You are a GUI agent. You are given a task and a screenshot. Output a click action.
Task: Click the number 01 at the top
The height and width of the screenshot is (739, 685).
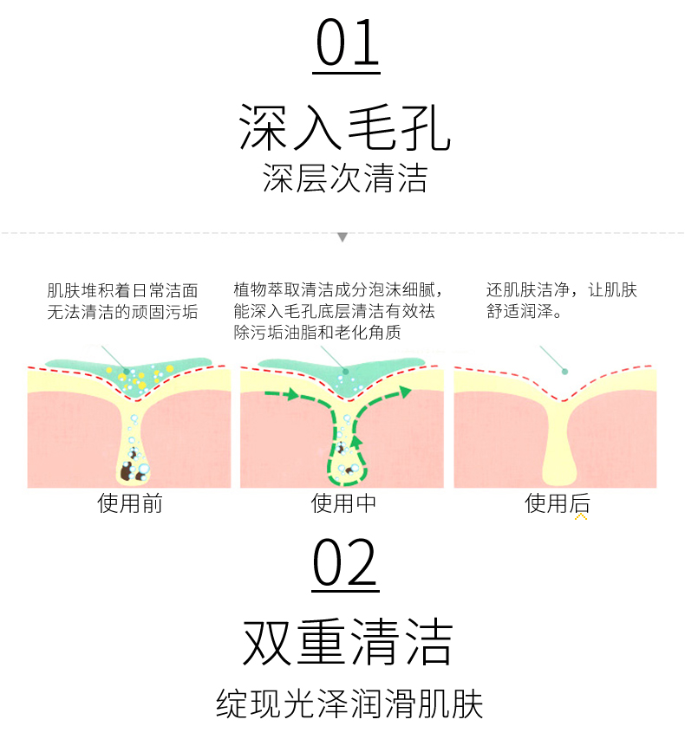(x=347, y=44)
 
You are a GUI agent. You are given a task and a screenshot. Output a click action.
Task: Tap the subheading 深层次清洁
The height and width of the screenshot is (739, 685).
(x=344, y=178)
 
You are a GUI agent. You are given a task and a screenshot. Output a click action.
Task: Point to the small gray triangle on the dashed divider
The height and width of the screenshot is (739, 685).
(x=342, y=237)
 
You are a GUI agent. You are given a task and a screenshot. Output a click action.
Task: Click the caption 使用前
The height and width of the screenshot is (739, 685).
(x=130, y=503)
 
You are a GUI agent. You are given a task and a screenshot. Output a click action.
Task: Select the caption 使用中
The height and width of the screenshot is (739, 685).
(x=343, y=503)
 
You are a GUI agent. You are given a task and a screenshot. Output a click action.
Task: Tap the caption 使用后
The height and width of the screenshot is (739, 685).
(x=558, y=503)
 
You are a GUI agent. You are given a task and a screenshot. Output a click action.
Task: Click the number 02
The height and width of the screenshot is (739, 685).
(x=345, y=564)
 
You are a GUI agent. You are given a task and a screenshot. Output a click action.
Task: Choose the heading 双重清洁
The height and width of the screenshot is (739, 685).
(x=347, y=644)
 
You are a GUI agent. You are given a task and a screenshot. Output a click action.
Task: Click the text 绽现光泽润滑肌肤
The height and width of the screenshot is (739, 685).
(x=349, y=704)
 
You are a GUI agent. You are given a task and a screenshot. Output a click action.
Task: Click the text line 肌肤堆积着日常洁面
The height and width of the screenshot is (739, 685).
(x=122, y=290)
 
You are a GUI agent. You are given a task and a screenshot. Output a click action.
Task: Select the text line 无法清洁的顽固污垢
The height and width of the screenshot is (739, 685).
(x=122, y=311)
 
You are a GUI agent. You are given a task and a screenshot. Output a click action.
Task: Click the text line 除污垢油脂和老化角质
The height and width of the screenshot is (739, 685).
(x=316, y=332)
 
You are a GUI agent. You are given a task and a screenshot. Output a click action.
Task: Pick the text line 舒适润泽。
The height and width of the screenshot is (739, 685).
(x=524, y=311)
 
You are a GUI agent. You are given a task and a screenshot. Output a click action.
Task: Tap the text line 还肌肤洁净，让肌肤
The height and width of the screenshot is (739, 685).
(x=562, y=290)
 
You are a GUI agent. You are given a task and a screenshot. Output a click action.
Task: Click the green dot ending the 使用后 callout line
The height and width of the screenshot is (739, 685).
(x=564, y=372)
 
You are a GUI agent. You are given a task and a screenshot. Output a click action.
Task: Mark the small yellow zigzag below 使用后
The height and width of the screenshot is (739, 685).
(x=581, y=516)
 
